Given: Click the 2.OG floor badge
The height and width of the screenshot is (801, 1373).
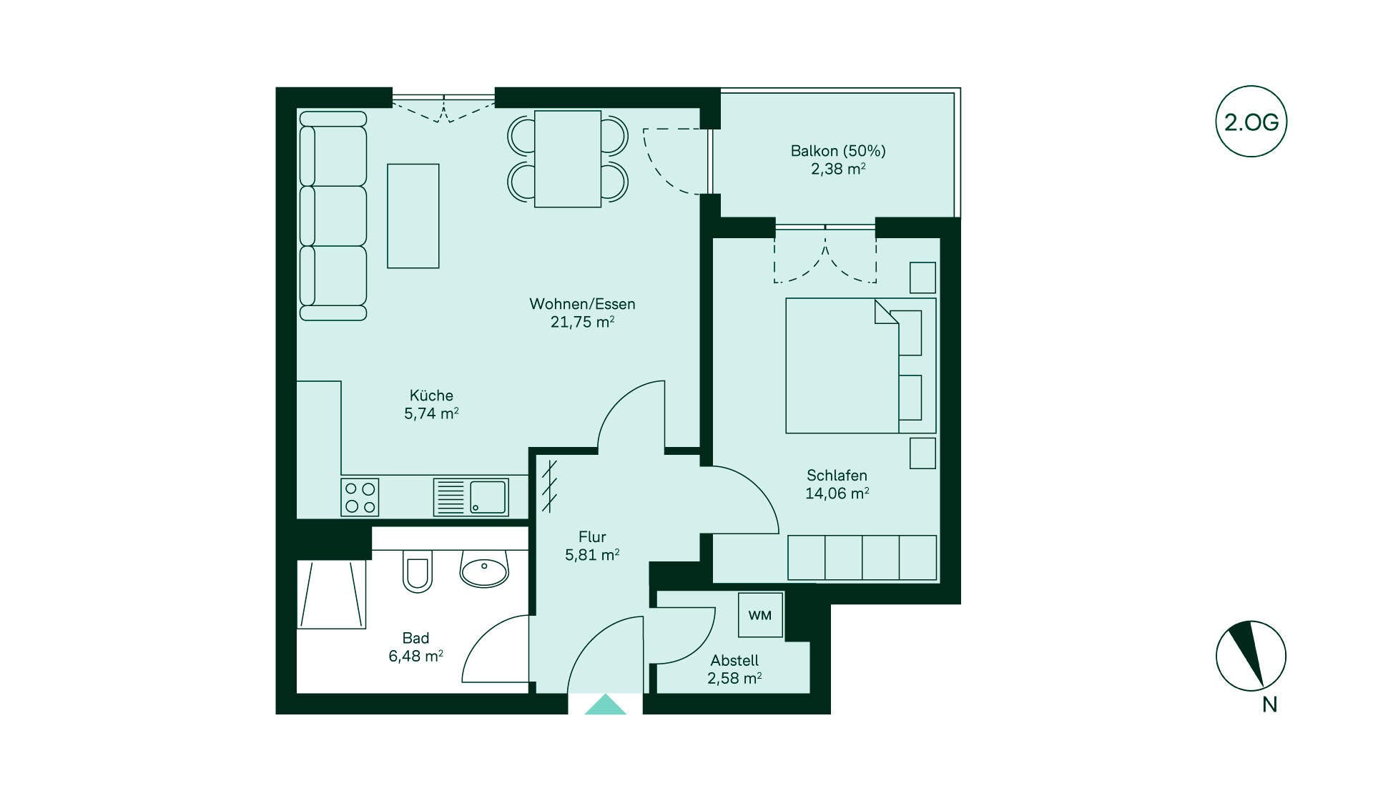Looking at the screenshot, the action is pyautogui.click(x=1251, y=122).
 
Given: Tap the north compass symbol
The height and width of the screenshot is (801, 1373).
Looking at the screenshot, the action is pyautogui.click(x=1251, y=656).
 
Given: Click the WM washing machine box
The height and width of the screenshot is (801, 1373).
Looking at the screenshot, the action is pyautogui.click(x=760, y=615).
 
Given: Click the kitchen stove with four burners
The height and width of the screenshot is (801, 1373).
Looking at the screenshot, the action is pyautogui.click(x=360, y=498).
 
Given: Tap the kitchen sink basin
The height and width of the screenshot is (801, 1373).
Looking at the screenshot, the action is pyautogui.click(x=488, y=497).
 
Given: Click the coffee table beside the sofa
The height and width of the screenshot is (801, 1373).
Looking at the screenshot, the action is pyautogui.click(x=413, y=216).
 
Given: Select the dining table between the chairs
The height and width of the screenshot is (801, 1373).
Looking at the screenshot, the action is pyautogui.click(x=568, y=159).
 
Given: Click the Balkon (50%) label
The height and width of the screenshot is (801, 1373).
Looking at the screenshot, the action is pyautogui.click(x=838, y=151).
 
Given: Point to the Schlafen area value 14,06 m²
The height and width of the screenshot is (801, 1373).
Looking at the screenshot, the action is pyautogui.click(x=837, y=493).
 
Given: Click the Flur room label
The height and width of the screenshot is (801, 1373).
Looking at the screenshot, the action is pyautogui.click(x=592, y=536).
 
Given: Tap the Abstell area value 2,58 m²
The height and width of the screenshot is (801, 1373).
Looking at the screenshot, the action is pyautogui.click(x=734, y=678).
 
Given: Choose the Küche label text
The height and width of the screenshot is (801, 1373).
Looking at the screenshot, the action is pyautogui.click(x=431, y=395).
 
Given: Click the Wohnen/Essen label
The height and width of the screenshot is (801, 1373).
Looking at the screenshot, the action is pyautogui.click(x=582, y=304).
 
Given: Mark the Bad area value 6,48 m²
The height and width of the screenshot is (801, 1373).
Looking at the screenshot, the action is pyautogui.click(x=415, y=656).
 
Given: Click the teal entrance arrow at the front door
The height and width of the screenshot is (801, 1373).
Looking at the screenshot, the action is pyautogui.click(x=605, y=704).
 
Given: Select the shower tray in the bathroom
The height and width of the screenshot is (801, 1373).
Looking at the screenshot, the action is pyautogui.click(x=332, y=594).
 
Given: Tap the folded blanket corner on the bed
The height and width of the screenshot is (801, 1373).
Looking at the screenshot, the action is pyautogui.click(x=886, y=312).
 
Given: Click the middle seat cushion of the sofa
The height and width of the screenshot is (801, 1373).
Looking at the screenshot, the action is pyautogui.click(x=333, y=216).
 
